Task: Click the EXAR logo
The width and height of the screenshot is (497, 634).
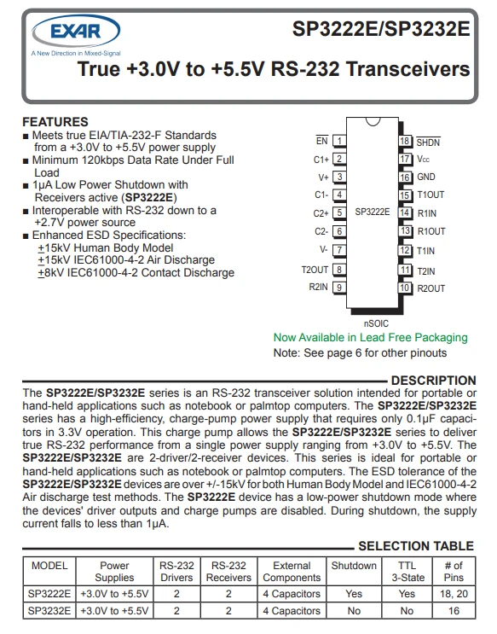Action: pyautogui.click(x=76, y=32)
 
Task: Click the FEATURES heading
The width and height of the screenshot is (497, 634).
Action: pyautogui.click(x=55, y=122)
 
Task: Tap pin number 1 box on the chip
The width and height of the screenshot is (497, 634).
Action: pyautogui.click(x=339, y=141)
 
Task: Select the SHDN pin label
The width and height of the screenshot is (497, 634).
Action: pyautogui.click(x=428, y=143)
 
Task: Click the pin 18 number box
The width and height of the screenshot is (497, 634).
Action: pyautogui.click(x=405, y=141)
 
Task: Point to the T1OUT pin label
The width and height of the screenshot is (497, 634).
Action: pyautogui.click(x=431, y=195)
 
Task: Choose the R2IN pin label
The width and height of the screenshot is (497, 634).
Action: pyautogui.click(x=318, y=287)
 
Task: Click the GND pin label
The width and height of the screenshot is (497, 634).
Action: pyautogui.click(x=426, y=177)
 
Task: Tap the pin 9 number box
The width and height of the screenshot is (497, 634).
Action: pyautogui.click(x=339, y=287)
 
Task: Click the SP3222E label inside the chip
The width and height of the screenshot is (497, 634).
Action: pyautogui.click(x=373, y=212)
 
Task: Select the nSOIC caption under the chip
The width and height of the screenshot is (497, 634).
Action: pyautogui.click(x=376, y=323)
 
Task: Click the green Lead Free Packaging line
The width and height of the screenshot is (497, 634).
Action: pyautogui.click(x=371, y=338)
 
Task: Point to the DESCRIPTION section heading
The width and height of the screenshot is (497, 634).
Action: pyautogui.click(x=434, y=381)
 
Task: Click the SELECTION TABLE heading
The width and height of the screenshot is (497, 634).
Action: pyautogui.click(x=416, y=546)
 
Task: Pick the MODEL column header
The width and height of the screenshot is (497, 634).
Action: pyautogui.click(x=49, y=565)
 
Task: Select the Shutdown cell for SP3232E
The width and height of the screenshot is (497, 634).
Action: pyautogui.click(x=354, y=611)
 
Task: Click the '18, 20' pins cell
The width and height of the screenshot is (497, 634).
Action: pyautogui.click(x=454, y=594)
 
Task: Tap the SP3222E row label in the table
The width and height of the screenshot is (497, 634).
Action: pyautogui.click(x=49, y=594)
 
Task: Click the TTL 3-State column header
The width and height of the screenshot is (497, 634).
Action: pyautogui.click(x=407, y=572)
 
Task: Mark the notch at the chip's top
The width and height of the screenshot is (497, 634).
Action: pyautogui.click(x=373, y=121)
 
